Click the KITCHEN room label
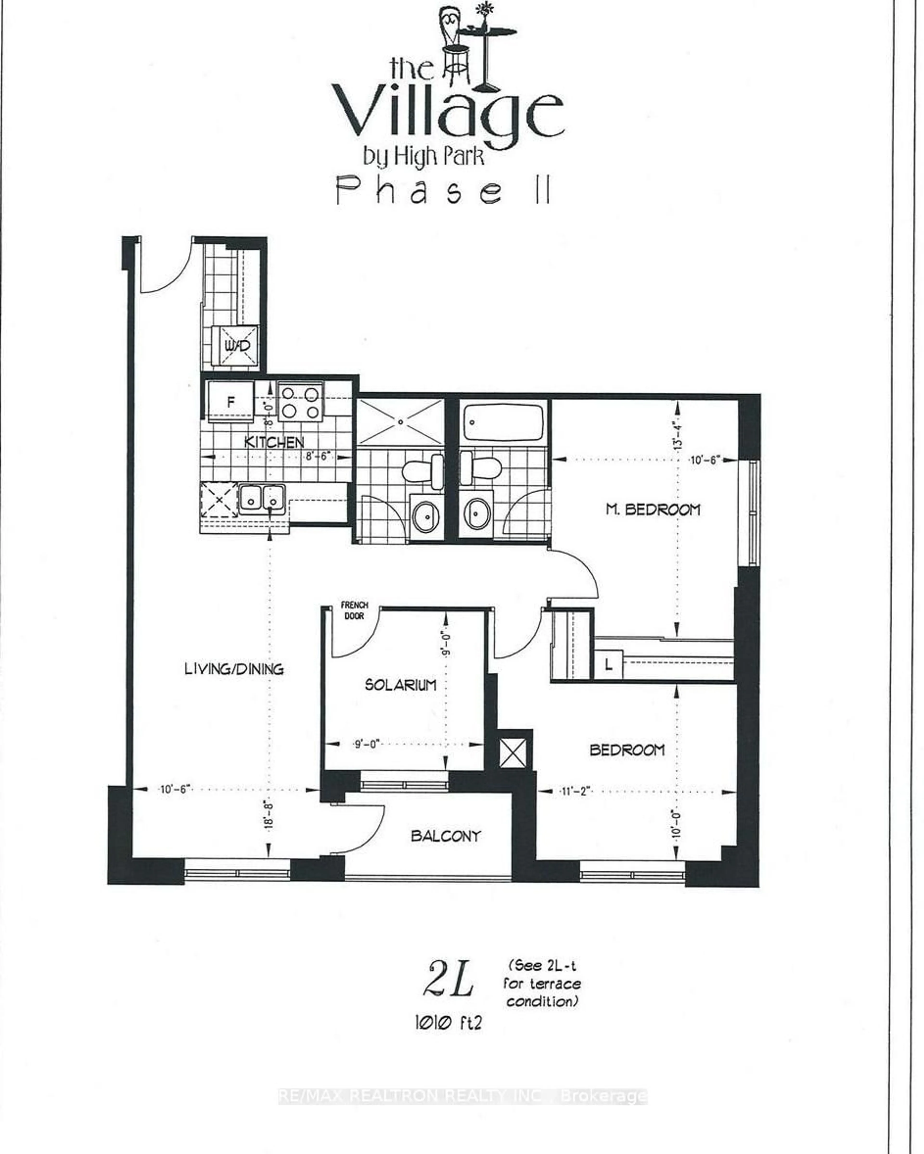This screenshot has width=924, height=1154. point(274,442)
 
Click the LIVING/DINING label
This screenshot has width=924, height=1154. point(234,669)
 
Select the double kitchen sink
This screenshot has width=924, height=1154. point(261,499)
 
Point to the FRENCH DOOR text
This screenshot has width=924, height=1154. point(354,610)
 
